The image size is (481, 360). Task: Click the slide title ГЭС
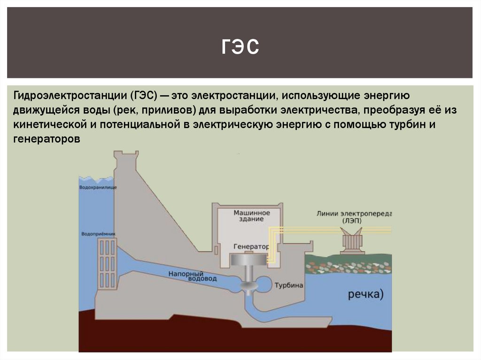[x=240, y=48]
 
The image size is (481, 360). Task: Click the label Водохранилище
[x=98, y=187]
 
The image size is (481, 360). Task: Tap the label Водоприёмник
[x=98, y=233]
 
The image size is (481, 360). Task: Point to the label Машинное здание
[x=252, y=216]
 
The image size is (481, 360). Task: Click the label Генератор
[x=251, y=246]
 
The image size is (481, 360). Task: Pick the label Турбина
[x=289, y=285]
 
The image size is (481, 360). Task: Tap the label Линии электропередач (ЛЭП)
[x=354, y=216]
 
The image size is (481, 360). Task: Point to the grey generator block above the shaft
[x=249, y=261]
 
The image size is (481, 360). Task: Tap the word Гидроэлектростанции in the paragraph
[x=69, y=96]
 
